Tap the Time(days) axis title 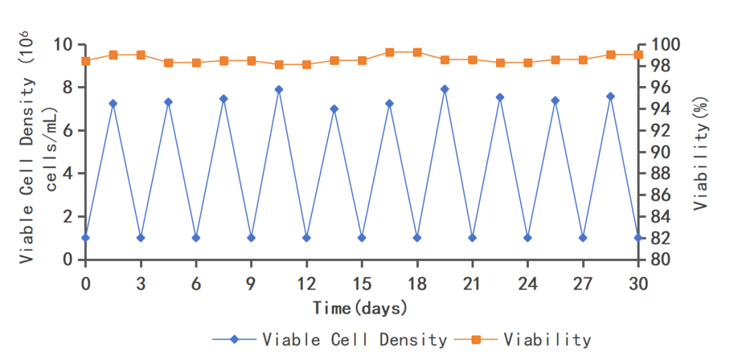[x=360, y=308]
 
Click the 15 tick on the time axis [x=361, y=283]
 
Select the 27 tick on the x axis [x=583, y=283]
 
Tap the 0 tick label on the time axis [x=85, y=283]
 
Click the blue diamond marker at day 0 [x=85, y=238]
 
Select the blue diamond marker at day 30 [x=638, y=238]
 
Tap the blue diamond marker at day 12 [x=306, y=238]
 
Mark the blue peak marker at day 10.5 [x=279, y=89]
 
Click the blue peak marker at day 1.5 [x=113, y=103]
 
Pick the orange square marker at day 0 [x=85, y=61]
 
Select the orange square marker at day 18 [x=417, y=52]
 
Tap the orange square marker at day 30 [x=638, y=55]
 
